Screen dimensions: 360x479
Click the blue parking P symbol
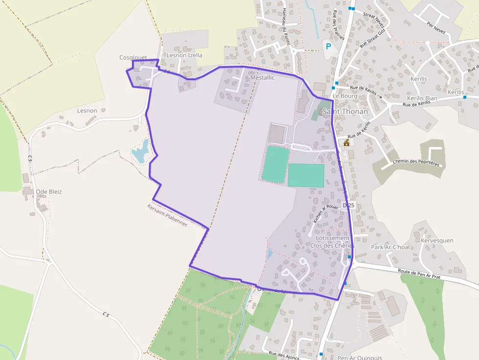pos(328,46)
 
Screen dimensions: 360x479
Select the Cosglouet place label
pos(133,58)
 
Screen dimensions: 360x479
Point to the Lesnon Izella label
pos(184,55)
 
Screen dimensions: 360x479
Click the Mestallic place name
pos(262,78)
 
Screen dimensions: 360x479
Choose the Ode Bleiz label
pos(49,191)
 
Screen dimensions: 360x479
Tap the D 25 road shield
pos(348,206)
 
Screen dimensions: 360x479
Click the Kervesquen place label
pos(437,240)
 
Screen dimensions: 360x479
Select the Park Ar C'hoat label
pos(391,247)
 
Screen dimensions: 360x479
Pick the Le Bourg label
pos(345,96)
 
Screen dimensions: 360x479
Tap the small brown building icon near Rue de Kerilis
pos(347,143)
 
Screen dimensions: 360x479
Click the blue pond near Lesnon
pos(140,151)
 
